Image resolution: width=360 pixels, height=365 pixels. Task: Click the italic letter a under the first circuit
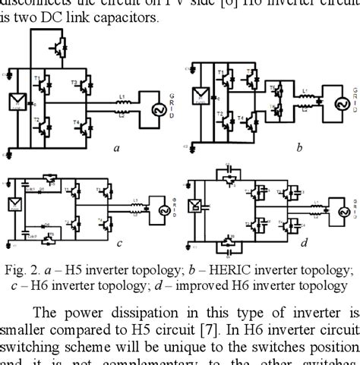click(115, 148)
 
